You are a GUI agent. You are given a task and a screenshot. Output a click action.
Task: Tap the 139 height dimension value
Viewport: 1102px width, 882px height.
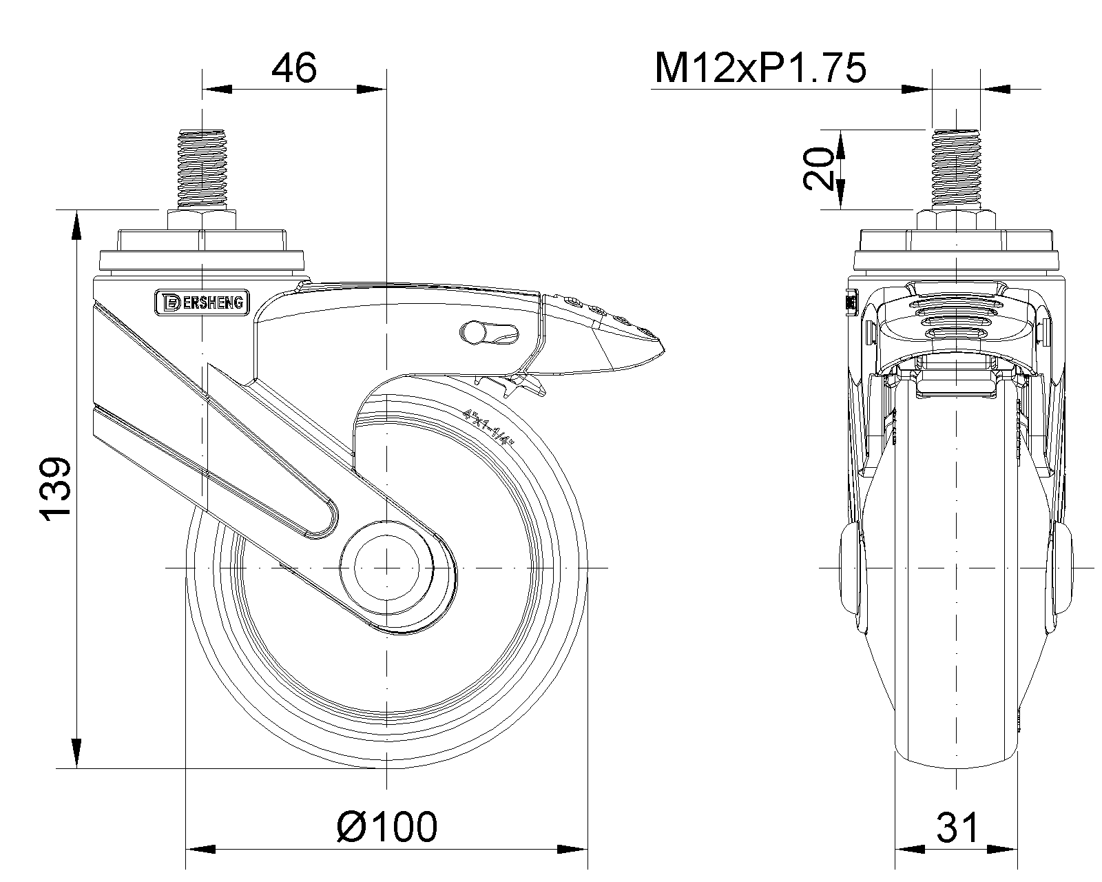[x=56, y=489]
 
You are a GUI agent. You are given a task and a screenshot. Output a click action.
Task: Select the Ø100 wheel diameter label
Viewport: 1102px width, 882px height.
[x=387, y=827]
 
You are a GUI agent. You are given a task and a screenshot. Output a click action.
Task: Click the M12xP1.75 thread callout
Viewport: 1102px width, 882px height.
[x=760, y=68]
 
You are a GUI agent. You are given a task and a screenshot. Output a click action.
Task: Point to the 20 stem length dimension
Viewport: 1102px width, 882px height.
[x=818, y=169]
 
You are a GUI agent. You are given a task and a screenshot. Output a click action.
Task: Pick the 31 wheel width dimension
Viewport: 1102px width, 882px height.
[x=957, y=827]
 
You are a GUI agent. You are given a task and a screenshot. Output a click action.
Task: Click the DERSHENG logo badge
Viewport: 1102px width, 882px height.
[x=202, y=302]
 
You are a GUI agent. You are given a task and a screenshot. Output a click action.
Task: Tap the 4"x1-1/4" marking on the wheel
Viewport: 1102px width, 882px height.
[x=488, y=427]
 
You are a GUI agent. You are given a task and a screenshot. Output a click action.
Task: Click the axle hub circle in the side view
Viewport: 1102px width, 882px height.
[x=386, y=568]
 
